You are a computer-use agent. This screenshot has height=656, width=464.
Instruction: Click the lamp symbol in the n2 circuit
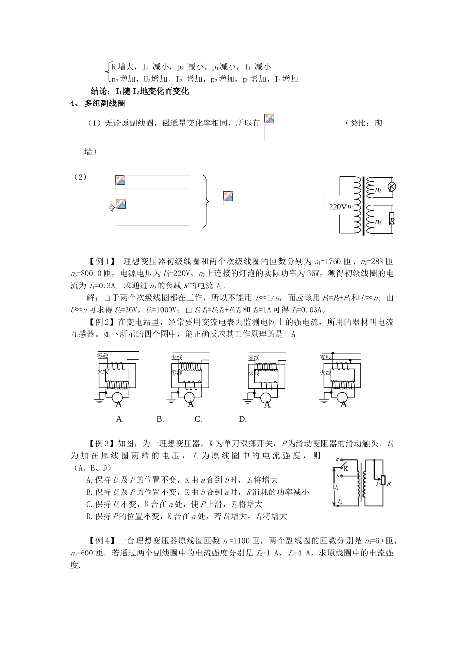coord(391,187)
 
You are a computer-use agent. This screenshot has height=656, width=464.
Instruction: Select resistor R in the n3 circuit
coord(392,220)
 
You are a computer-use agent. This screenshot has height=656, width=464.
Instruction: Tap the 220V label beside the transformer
coord(337,206)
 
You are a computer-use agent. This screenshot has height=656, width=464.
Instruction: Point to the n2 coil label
coord(378,189)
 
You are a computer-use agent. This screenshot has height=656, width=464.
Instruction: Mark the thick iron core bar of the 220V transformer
coord(362,205)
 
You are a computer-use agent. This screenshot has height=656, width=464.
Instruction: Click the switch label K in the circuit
coord(346,468)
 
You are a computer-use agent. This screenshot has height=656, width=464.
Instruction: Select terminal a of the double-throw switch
coord(337,460)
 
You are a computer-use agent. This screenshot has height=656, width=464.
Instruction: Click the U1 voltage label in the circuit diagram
coord(336,487)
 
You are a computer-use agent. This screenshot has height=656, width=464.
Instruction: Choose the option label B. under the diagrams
coord(160,419)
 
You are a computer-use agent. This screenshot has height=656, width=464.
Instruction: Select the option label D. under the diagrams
coord(243,419)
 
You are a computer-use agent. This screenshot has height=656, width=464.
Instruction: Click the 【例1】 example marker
coord(101,261)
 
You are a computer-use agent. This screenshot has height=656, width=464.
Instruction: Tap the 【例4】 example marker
coord(101,540)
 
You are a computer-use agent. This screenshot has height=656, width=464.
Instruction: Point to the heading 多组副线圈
coord(105,103)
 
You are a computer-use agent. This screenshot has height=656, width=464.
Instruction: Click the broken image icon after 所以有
coord(269,119)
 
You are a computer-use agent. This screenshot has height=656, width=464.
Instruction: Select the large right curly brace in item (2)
coord(206,201)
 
